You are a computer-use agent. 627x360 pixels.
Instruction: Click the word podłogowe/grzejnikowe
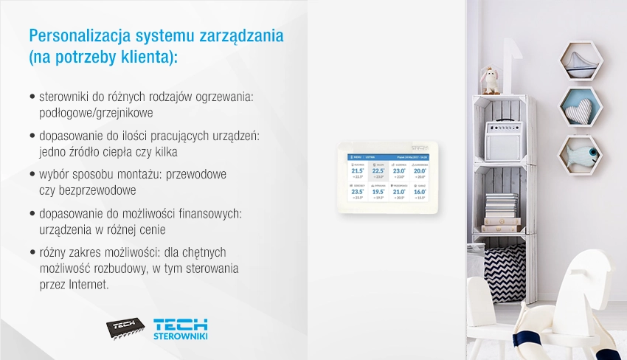coord(96,114)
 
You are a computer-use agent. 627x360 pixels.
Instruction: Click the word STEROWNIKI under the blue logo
coord(179,336)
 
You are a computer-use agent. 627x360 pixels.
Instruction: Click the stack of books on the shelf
coord(502,210)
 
